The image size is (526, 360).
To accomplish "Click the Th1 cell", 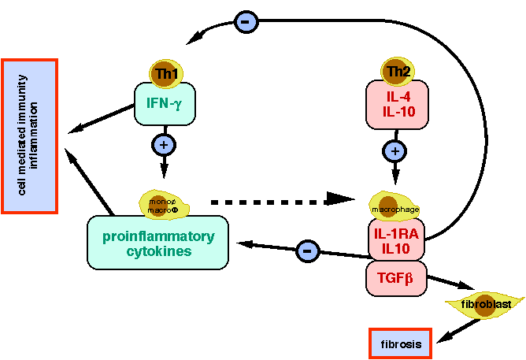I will (165, 73).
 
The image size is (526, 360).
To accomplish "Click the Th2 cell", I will (396, 73).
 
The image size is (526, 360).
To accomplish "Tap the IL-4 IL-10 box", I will (396, 105).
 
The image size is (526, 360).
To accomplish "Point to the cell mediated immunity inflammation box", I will (30, 135).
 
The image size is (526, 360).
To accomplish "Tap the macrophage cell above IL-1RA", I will (396, 206).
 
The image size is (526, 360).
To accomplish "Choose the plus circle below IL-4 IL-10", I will (396, 150).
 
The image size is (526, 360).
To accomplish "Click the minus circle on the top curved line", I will (245, 23).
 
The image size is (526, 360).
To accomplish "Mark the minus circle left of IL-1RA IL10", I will (307, 251).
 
